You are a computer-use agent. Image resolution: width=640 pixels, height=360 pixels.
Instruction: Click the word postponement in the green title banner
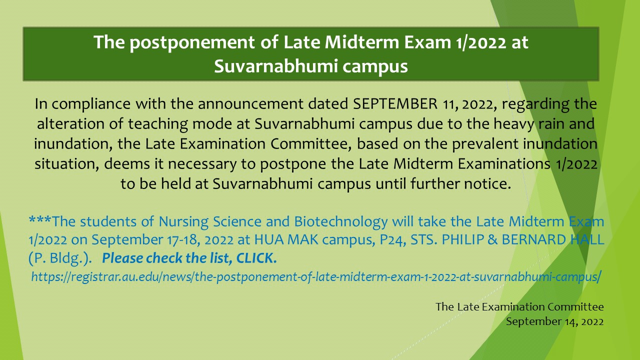(x=192, y=43)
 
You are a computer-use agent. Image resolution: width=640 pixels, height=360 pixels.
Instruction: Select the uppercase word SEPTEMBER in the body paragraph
(x=395, y=103)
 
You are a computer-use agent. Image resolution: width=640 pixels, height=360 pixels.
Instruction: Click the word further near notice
(x=435, y=183)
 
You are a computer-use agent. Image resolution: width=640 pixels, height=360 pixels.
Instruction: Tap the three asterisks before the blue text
(x=39, y=220)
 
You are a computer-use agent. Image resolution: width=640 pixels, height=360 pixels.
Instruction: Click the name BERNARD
(x=533, y=239)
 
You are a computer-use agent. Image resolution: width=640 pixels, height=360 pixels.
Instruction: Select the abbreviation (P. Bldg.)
(x=60, y=258)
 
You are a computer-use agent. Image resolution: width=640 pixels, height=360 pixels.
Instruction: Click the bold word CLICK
(x=256, y=258)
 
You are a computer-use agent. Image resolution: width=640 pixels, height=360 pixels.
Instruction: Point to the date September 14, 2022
(x=555, y=321)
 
